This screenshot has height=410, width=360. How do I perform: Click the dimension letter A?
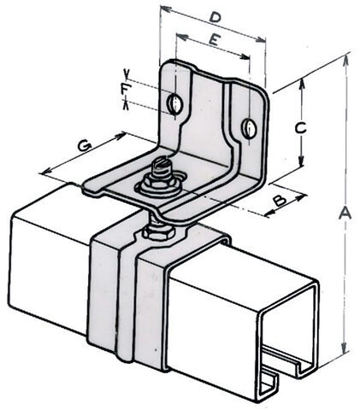pyautogui.click(x=345, y=214)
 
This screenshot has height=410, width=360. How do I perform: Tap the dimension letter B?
pyautogui.click(x=280, y=201)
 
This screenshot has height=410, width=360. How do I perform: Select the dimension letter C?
pyautogui.click(x=301, y=128)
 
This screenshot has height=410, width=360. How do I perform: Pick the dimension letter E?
pyautogui.click(x=214, y=40)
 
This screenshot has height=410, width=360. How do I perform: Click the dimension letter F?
pyautogui.click(x=124, y=89)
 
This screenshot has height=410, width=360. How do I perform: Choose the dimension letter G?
pyautogui.click(x=85, y=146)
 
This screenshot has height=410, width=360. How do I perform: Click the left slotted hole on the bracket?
pyautogui.click(x=174, y=103)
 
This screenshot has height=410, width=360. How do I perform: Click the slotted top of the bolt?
pyautogui.click(x=162, y=166)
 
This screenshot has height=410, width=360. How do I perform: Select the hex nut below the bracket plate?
pyautogui.click(x=158, y=231)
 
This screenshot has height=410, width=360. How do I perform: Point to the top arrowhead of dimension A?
pyautogui.click(x=346, y=59)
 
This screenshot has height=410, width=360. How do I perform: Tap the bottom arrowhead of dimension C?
pyautogui.click(x=301, y=161)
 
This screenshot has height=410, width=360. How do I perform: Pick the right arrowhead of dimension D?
pyautogui.click(x=261, y=40)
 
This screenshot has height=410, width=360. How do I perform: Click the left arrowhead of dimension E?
pyautogui.click(x=183, y=37)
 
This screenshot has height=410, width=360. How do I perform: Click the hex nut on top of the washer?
pyautogui.click(x=160, y=181)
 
